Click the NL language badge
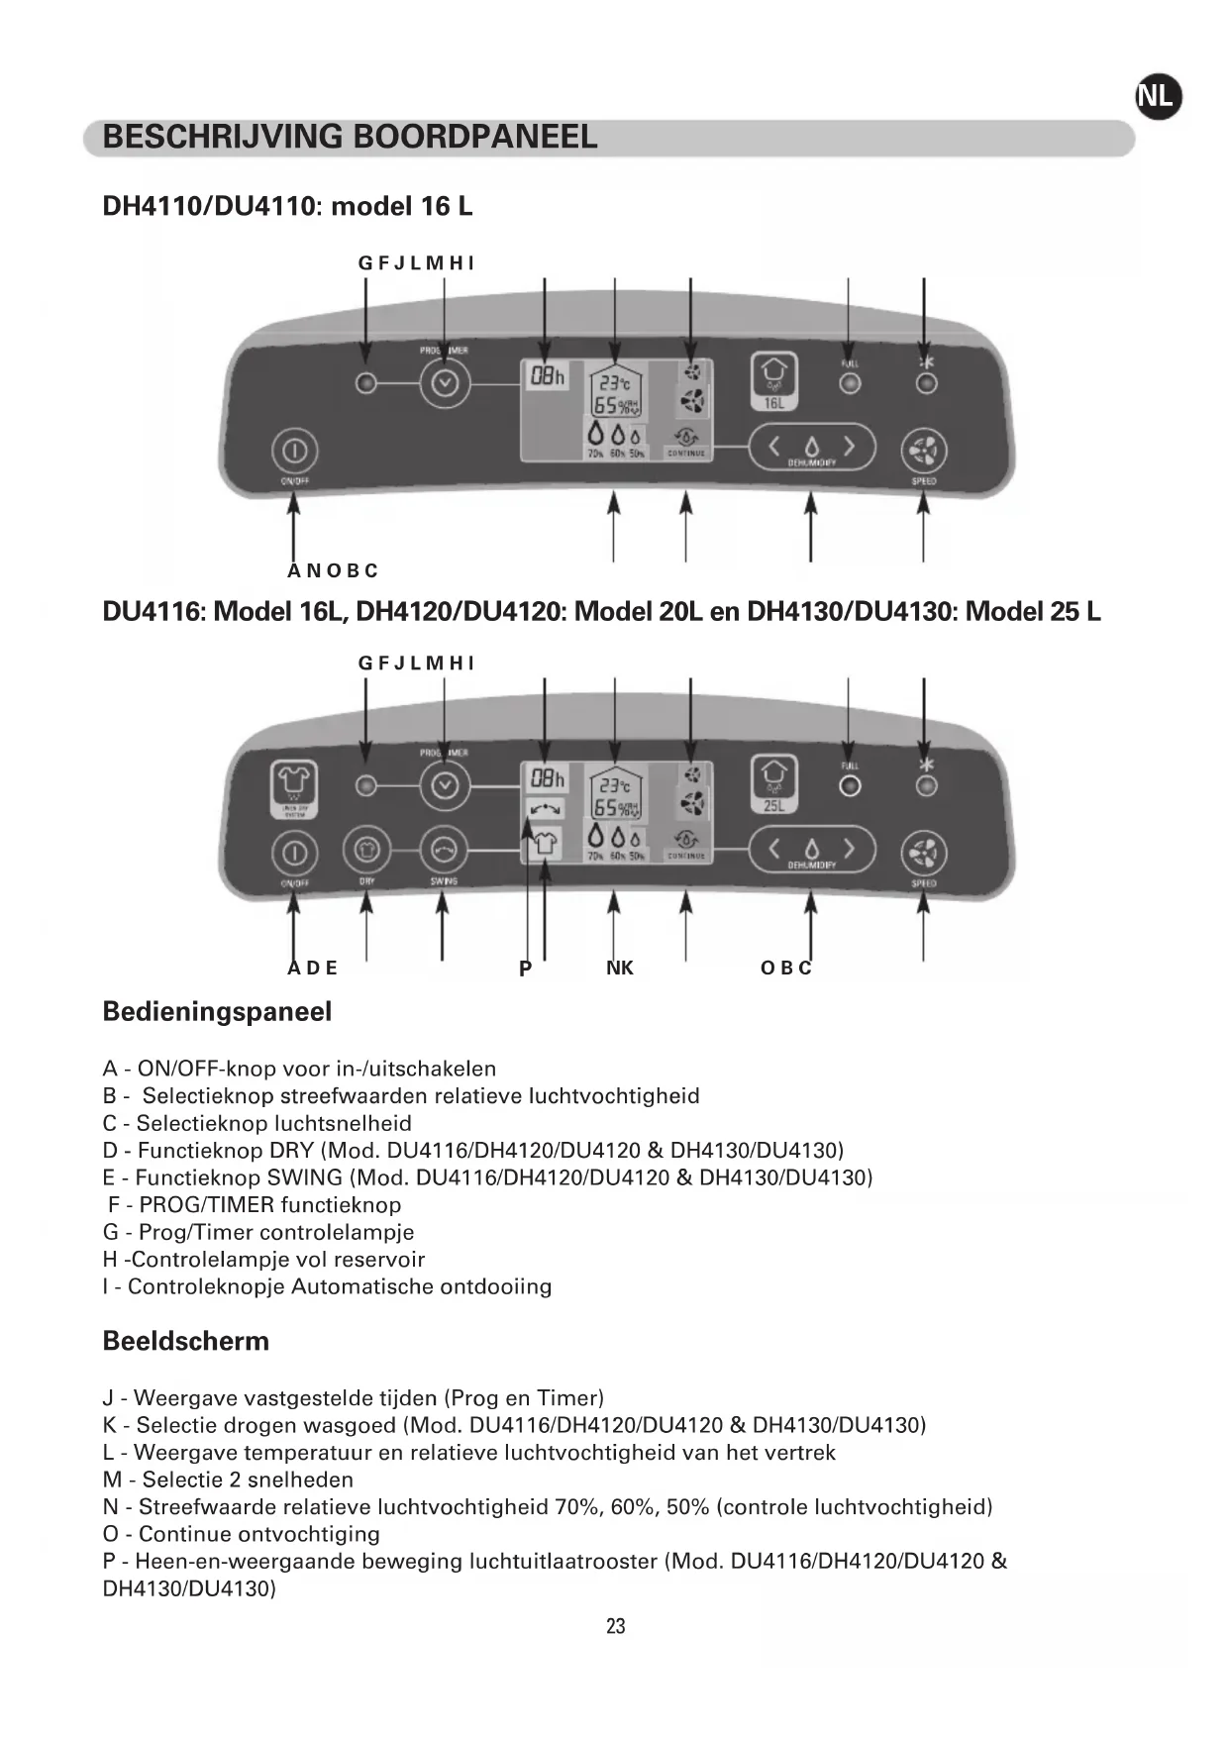coord(1158,97)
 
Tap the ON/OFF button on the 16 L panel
coord(293,452)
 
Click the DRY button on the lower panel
coord(366,850)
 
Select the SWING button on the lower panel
coord(444,850)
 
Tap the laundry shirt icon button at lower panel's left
coord(293,788)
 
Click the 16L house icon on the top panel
coord(773,381)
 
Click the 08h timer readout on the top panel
coord(546,376)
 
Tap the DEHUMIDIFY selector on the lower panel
coord(812,850)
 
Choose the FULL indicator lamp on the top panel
coord(850,383)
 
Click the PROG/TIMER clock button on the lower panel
coord(445,785)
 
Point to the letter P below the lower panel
coord(525,969)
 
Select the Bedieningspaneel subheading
coord(217,1012)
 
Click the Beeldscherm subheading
coord(186,1341)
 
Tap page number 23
coord(615,1626)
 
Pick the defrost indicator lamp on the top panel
coord(926,383)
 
